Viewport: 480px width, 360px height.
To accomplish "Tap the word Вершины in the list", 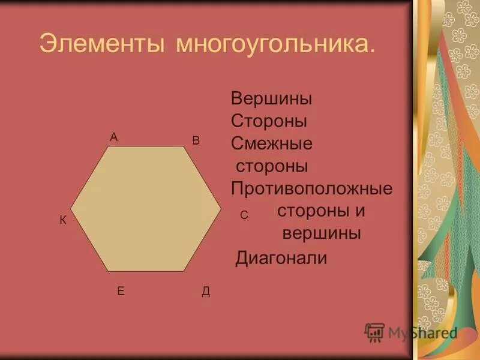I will point(272,98).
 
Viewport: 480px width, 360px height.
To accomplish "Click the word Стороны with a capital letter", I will point(269,121).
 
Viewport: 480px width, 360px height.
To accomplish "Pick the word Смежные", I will point(272,143).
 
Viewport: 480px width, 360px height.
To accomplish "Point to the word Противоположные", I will point(312,189).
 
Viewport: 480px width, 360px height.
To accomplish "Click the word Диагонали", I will point(281,259).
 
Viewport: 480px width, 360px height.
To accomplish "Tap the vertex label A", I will point(113,137).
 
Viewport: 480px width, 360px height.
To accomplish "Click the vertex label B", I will point(196,140).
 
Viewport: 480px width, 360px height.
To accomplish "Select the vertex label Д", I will point(206,292).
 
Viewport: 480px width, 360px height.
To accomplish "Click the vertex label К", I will point(62,221).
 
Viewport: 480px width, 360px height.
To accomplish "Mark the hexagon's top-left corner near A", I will point(109,146).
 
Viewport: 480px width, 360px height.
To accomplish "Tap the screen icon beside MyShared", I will point(374,332).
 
